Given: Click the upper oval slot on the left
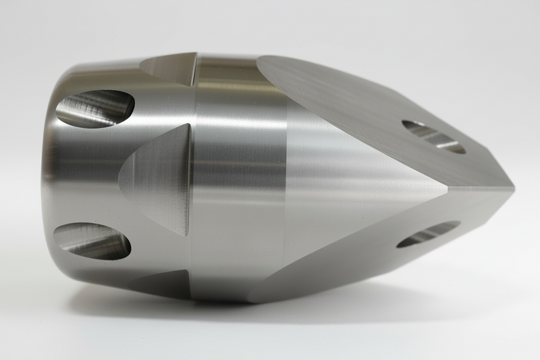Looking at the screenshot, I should tap(94, 108).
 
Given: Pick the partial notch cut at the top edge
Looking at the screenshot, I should tap(169, 68).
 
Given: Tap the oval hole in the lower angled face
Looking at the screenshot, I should tap(428, 234).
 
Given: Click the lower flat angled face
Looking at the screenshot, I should tap(378, 250).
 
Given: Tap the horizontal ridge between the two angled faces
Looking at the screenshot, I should tap(479, 189).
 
